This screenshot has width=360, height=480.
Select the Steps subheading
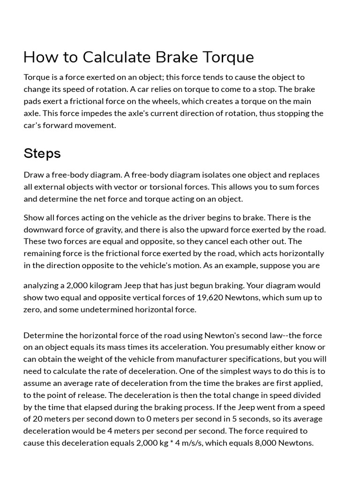(42, 153)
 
